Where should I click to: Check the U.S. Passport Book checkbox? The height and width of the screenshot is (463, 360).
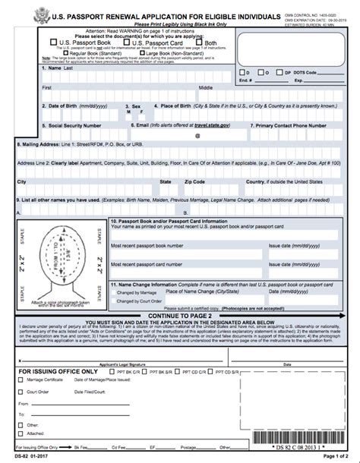52,43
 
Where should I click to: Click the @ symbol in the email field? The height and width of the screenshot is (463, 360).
197,137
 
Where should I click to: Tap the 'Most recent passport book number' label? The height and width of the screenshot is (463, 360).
147,246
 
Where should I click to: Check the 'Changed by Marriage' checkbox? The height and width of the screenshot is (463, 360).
113,292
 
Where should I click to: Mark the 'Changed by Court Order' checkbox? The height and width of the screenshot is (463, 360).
113,301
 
